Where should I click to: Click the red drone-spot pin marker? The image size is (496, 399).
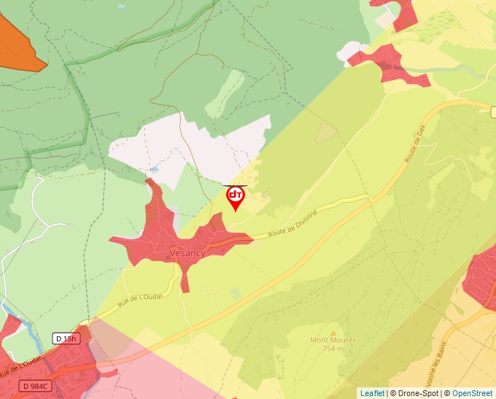[236, 196]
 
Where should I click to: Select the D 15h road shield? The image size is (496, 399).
[65, 338]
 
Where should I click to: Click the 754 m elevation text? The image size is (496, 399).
[332, 349]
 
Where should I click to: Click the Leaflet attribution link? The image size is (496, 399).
[372, 393]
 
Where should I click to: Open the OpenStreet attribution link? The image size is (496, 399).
[473, 393]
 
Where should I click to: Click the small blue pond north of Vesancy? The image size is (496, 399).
[155, 169]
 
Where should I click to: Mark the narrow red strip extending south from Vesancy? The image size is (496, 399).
[185, 279]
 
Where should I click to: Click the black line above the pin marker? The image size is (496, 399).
[235, 185]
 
